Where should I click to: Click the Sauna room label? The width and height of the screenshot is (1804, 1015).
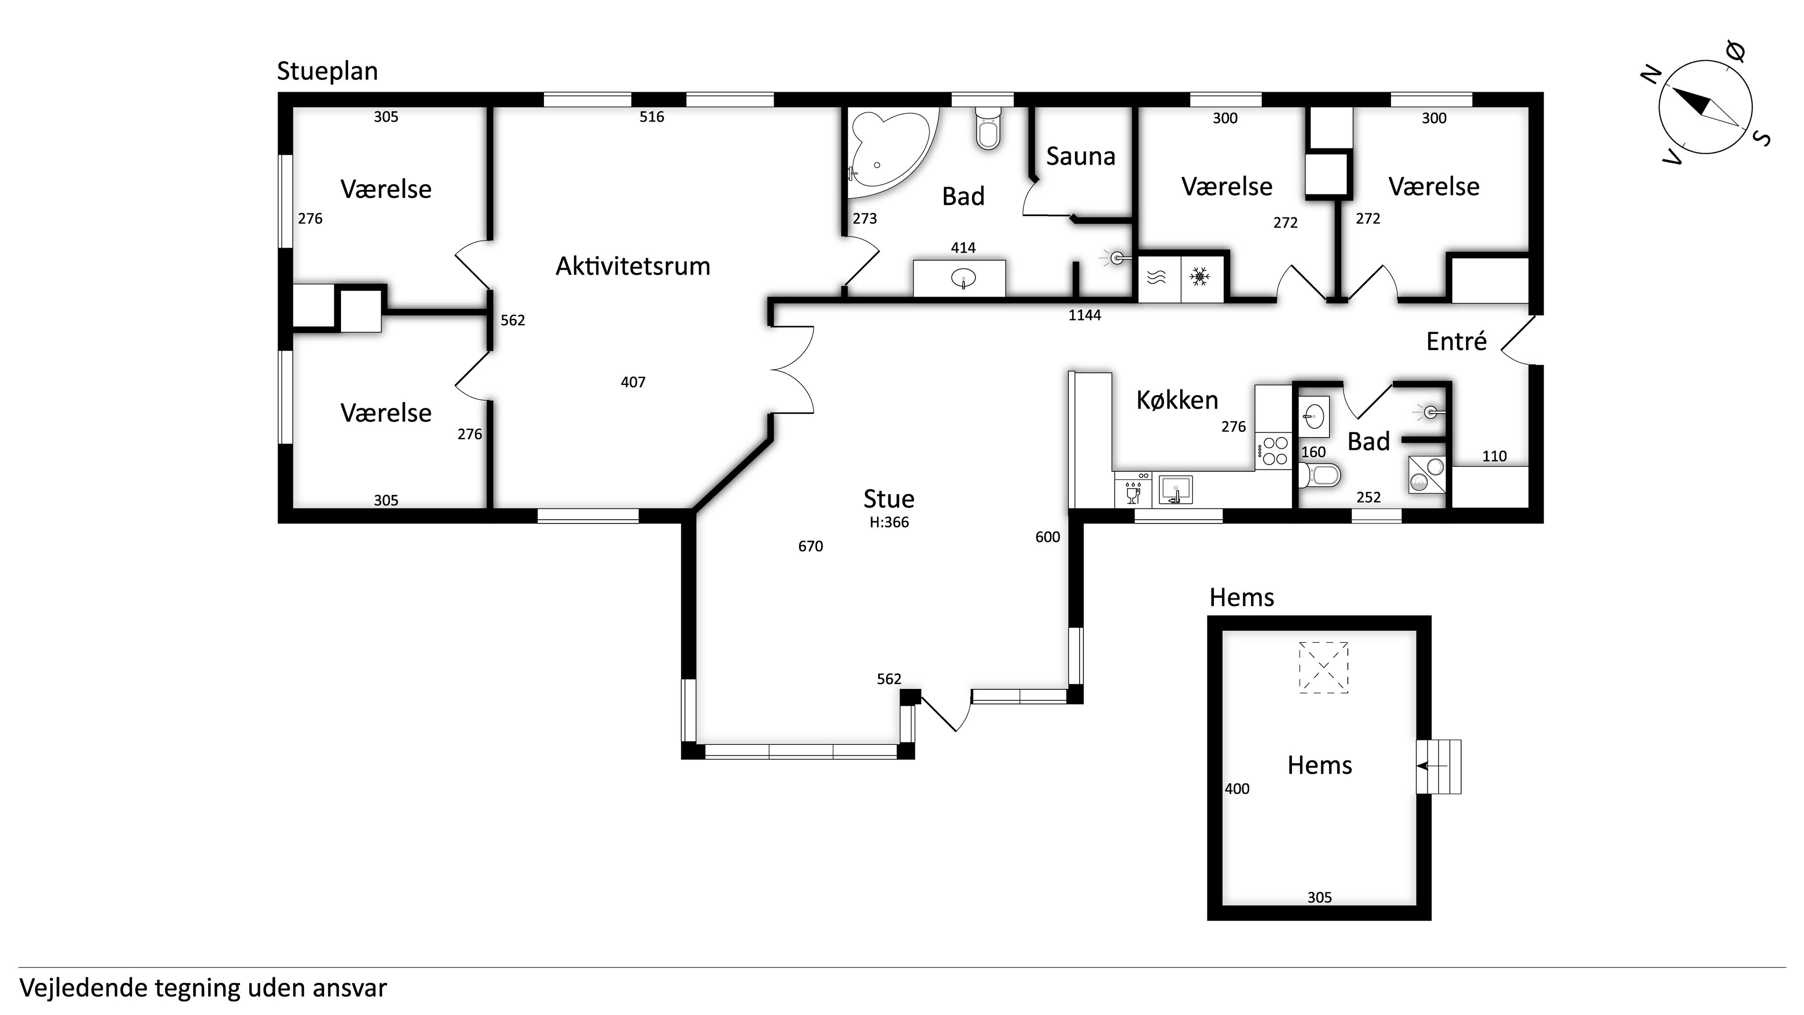click(x=1081, y=156)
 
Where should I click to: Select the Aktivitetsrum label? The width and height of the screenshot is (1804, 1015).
click(x=633, y=266)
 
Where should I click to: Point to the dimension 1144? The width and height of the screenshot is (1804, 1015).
click(x=1085, y=315)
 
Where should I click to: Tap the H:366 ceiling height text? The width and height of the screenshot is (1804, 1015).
click(x=889, y=522)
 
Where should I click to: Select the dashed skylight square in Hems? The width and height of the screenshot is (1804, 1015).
click(x=1323, y=668)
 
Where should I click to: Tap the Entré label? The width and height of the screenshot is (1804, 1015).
click(x=1457, y=341)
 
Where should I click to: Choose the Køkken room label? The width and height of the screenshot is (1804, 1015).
click(x=1177, y=400)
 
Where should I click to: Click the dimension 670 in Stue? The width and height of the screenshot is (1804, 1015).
click(x=811, y=547)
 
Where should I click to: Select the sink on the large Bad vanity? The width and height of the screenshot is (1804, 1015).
click(x=964, y=279)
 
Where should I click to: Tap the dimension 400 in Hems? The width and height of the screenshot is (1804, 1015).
click(x=1237, y=789)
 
